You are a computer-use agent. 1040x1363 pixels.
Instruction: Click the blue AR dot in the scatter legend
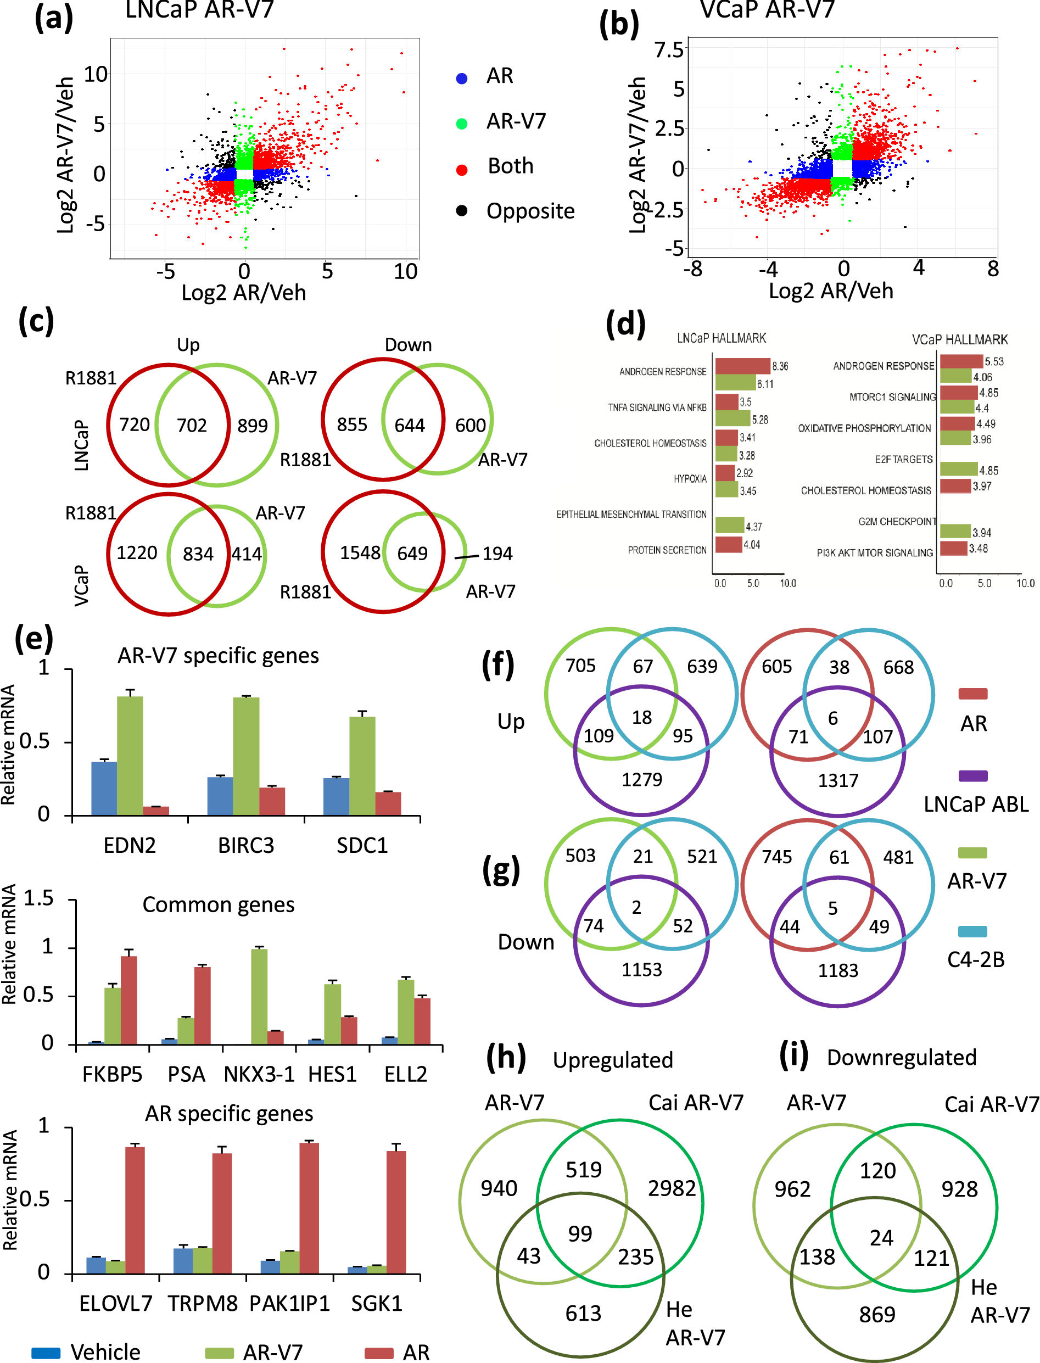click(461, 78)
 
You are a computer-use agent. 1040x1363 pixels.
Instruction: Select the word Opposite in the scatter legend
click(530, 211)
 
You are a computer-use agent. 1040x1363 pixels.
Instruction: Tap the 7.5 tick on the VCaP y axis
click(669, 49)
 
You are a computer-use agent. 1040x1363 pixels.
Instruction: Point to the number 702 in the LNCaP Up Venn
click(191, 425)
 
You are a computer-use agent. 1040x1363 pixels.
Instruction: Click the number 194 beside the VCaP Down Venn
click(497, 554)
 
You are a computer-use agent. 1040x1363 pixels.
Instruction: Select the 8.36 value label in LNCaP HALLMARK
click(780, 366)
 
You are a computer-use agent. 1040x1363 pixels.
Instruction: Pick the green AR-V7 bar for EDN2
click(130, 755)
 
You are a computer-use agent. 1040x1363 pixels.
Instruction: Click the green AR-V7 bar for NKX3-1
click(259, 997)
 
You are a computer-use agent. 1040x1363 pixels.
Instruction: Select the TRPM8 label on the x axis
click(203, 1304)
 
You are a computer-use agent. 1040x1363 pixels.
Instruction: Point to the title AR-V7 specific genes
click(218, 656)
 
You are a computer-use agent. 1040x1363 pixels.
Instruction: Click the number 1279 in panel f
click(641, 779)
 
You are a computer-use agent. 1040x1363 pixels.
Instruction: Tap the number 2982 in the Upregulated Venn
click(672, 1188)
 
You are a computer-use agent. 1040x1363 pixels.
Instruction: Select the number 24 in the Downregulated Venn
click(881, 1238)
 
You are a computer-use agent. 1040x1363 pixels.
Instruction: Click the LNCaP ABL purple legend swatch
click(972, 776)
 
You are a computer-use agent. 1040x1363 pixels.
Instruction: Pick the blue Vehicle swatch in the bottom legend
click(45, 1353)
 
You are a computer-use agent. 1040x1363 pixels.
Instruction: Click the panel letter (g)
click(501, 870)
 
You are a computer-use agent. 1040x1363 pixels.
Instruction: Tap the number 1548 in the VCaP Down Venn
click(360, 553)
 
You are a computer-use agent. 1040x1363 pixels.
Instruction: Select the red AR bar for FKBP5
click(128, 1000)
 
